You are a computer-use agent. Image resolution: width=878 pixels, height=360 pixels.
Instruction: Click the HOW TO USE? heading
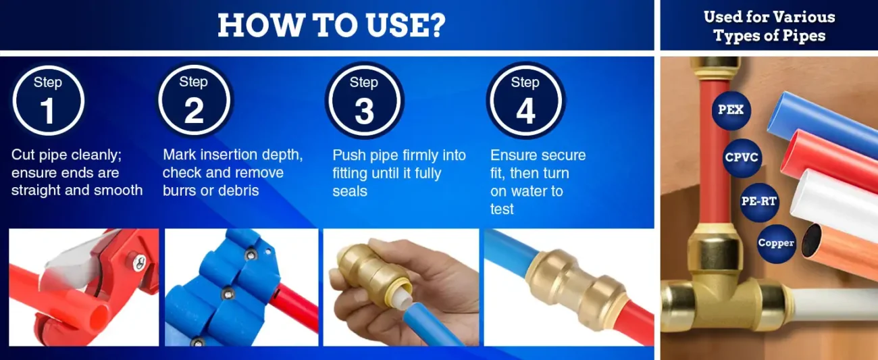tap(332, 26)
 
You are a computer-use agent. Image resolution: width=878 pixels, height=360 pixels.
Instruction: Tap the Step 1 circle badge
tap(48, 101)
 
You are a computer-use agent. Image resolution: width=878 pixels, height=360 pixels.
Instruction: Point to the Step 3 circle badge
tap(364, 100)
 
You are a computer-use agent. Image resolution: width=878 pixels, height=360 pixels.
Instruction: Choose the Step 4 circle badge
tap(525, 100)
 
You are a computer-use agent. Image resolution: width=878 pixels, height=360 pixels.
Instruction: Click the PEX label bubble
tap(731, 110)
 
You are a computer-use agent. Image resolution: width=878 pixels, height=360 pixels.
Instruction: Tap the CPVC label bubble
tap(742, 157)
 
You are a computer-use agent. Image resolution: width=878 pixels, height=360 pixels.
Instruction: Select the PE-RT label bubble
tap(759, 202)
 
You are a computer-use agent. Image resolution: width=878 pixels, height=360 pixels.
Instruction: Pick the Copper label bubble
tap(776, 244)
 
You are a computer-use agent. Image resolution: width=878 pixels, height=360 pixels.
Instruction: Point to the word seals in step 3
tap(350, 191)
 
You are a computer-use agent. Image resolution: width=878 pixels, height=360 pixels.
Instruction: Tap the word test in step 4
tap(502, 209)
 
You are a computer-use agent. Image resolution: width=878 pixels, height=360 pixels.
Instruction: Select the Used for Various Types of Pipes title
tap(769, 26)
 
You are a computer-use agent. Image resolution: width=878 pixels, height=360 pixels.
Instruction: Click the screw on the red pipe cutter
tap(139, 262)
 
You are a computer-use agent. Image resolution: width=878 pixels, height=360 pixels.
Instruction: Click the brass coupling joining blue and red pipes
tap(575, 288)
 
